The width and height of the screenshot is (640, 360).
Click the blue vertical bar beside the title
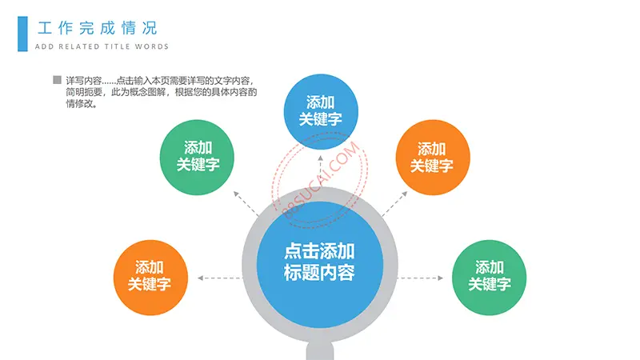(x=22, y=34)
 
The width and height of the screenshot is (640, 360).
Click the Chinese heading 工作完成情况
(x=97, y=28)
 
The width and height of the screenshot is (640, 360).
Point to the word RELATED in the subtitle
(x=79, y=46)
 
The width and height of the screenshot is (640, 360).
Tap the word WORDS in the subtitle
(x=152, y=46)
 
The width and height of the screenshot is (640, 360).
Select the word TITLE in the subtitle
(x=118, y=46)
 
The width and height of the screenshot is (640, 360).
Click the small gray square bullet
(x=57, y=80)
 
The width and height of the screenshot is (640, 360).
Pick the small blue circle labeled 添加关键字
(x=321, y=111)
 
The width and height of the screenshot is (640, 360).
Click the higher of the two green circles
(x=197, y=157)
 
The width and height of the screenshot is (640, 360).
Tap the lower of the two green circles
(x=489, y=278)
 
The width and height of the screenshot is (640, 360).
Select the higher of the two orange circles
(x=433, y=157)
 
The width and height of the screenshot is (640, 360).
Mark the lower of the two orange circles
(x=150, y=278)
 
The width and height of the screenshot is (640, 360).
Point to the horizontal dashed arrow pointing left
(x=219, y=278)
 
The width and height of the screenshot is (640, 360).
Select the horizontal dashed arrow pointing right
(x=421, y=278)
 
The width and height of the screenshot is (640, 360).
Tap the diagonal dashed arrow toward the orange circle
(x=394, y=204)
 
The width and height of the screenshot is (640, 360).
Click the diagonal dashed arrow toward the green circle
(x=246, y=204)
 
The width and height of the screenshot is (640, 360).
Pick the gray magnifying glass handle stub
(x=320, y=351)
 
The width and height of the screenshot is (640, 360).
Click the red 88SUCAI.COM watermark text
(x=321, y=179)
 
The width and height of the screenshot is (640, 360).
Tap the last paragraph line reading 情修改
(x=82, y=104)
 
